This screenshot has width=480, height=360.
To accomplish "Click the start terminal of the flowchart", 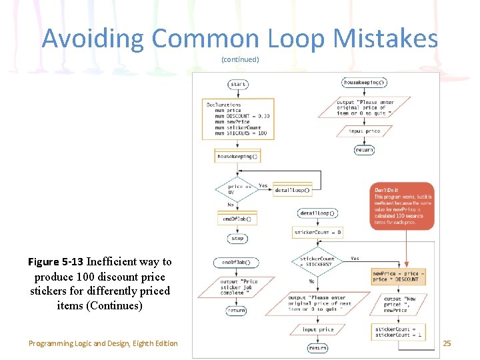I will [x=238, y=85].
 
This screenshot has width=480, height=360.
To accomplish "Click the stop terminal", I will [x=238, y=238].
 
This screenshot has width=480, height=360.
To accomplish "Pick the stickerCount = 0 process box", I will [x=318, y=233].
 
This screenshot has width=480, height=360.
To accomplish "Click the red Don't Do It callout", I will [x=401, y=206].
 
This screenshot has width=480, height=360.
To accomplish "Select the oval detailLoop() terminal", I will [x=318, y=213].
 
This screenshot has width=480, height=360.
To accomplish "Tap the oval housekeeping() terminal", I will [x=364, y=83].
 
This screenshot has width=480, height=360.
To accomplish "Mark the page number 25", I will [x=447, y=343].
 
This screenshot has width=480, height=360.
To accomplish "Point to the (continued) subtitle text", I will [x=240, y=60].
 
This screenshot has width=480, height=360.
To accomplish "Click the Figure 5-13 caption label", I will [x=56, y=262].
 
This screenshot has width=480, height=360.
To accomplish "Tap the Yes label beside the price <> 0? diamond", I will [x=263, y=186].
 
